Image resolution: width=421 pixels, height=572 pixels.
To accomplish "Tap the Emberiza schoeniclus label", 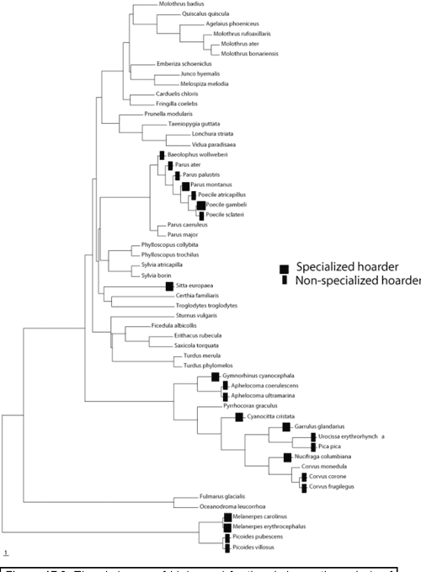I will [173, 64].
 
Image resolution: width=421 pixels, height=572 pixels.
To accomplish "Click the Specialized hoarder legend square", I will [285, 267].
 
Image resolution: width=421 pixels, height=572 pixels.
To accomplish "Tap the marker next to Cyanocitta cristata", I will [239, 417].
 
